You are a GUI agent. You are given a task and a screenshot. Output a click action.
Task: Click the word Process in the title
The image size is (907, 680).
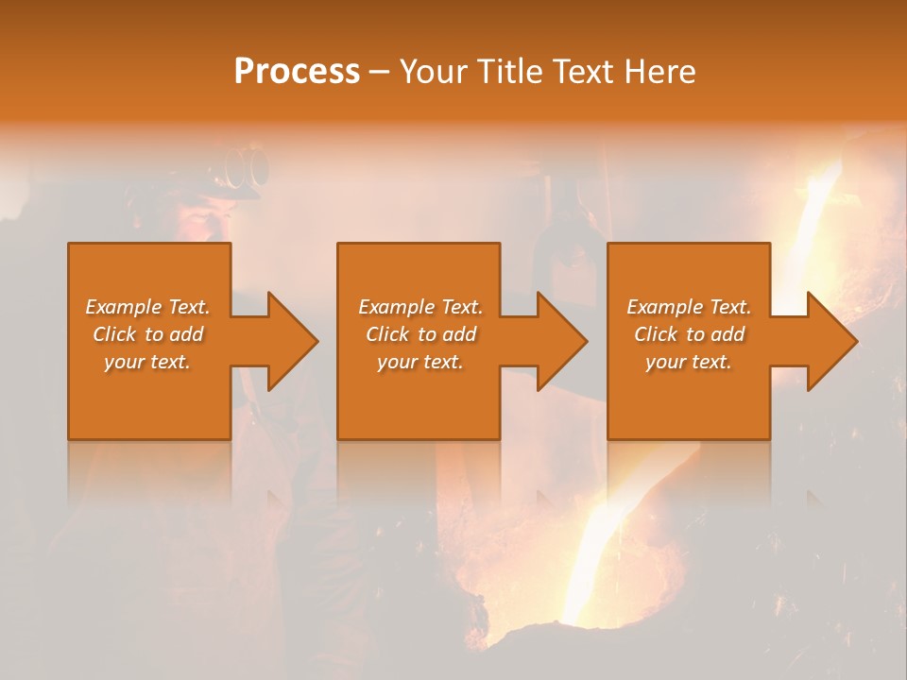(297, 72)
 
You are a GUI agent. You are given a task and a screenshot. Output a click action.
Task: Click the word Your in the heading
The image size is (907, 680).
(436, 72)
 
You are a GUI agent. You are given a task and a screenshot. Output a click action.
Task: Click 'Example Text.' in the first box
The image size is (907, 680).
(147, 307)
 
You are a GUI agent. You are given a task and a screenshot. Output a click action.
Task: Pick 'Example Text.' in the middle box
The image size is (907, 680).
(420, 307)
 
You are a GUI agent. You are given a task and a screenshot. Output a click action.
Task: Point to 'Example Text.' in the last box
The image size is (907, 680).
(689, 307)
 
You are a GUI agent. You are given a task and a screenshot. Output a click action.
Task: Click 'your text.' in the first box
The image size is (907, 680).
(147, 362)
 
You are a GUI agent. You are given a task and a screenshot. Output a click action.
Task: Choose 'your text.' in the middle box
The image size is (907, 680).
(420, 362)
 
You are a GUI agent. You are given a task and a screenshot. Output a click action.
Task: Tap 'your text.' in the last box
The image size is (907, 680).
(689, 362)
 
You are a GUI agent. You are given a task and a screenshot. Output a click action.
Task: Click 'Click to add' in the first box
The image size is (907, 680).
(147, 334)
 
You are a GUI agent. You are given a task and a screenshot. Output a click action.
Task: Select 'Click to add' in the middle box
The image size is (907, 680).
(420, 334)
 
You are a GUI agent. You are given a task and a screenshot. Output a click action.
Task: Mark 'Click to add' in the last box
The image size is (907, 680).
(689, 334)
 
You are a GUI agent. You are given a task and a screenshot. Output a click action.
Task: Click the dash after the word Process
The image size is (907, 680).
(379, 73)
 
